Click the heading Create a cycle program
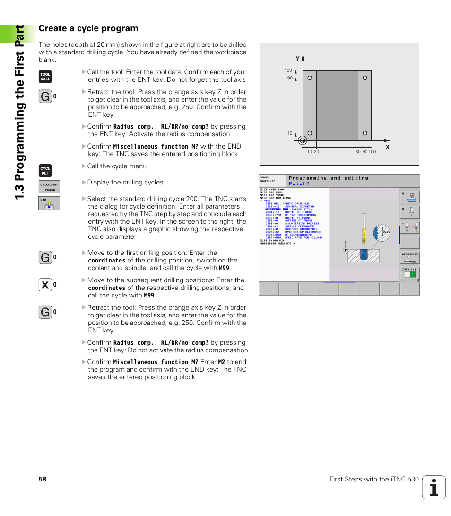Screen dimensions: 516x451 pyautogui.click(x=88, y=28)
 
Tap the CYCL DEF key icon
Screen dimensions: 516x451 pyautogui.click(x=45, y=171)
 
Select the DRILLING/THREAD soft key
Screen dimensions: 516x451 pyautogui.click(x=49, y=187)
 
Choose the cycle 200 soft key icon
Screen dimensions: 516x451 pyautogui.click(x=49, y=203)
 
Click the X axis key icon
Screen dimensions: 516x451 pyautogui.click(x=45, y=285)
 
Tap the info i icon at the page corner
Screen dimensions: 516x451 pyautogui.click(x=434, y=487)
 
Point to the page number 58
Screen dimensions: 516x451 pyautogui.click(x=43, y=479)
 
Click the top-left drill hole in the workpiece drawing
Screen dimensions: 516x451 pyautogui.click(x=309, y=78)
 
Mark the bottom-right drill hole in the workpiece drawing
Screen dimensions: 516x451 pyautogui.click(x=364, y=133)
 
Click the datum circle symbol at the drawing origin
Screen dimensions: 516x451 pyautogui.click(x=303, y=140)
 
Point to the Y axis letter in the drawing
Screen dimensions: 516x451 pyautogui.click(x=298, y=59)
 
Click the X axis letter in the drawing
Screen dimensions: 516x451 pyautogui.click(x=387, y=147)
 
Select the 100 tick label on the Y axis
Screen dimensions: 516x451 pyautogui.click(x=288, y=70)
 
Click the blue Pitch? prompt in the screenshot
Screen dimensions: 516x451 pyautogui.click(x=299, y=184)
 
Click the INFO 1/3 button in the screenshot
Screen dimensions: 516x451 pyautogui.click(x=409, y=272)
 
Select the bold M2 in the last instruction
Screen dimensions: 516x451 pyautogui.click(x=222, y=362)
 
